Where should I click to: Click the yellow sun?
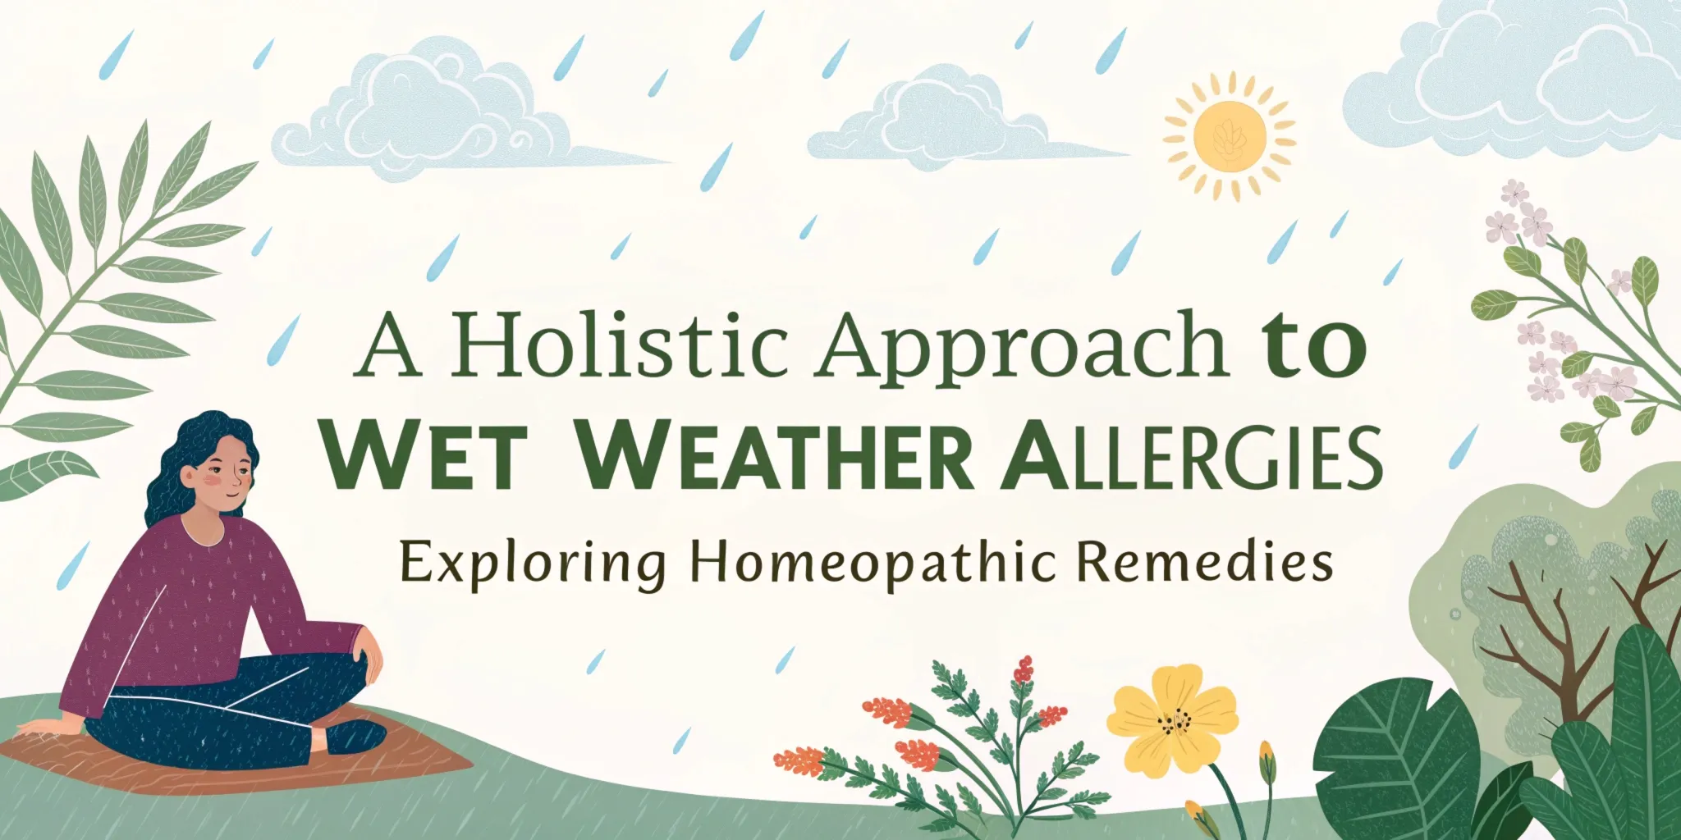[x=1229, y=136]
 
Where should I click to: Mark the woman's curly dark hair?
[x=176, y=459]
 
